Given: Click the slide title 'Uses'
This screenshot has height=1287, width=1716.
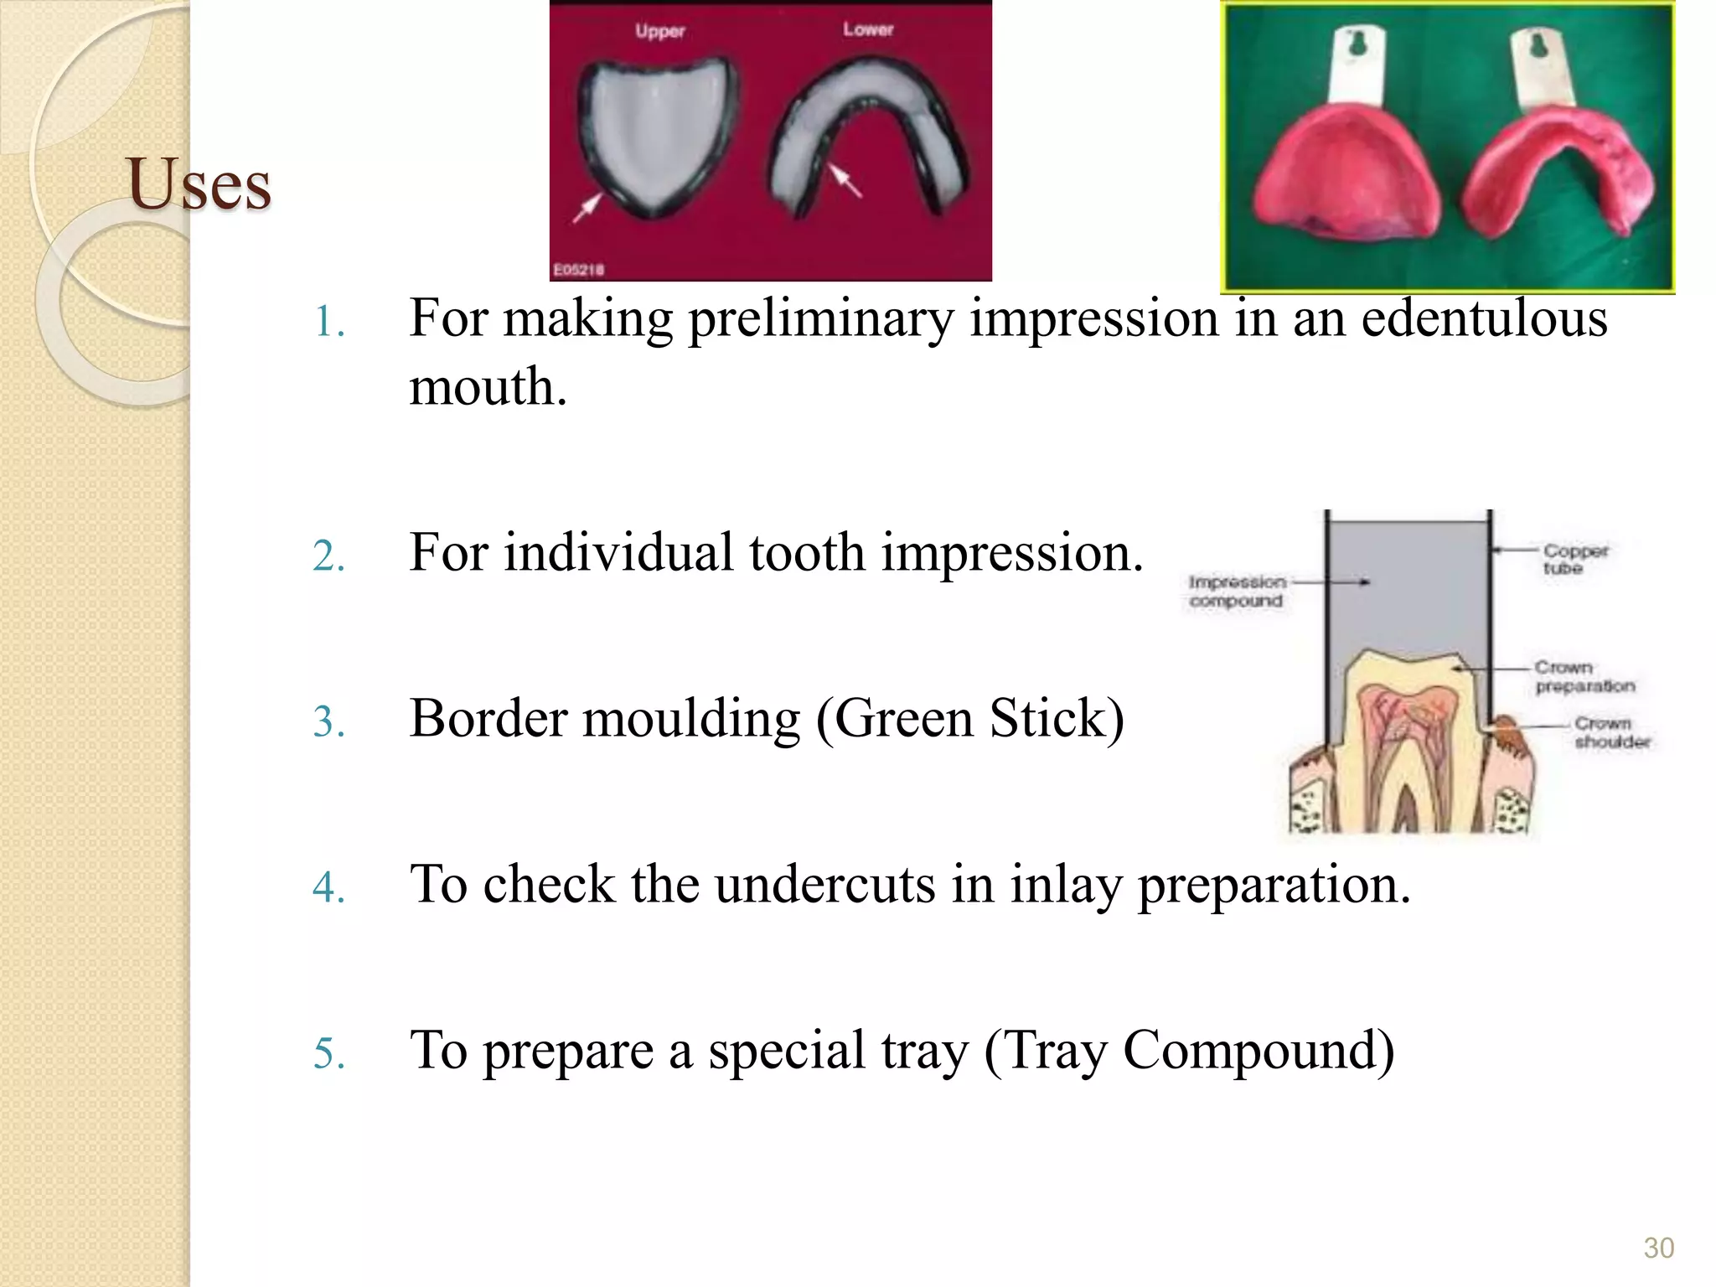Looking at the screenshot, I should (199, 184).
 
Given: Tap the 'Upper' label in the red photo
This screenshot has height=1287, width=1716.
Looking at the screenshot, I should (659, 32).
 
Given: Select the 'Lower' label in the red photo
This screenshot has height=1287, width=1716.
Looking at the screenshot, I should (868, 29).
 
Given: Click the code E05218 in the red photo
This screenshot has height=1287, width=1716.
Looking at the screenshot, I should (578, 270).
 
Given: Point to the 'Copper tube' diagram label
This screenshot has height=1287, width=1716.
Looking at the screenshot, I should (1574, 559).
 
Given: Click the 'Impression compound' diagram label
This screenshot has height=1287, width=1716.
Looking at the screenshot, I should (1237, 591).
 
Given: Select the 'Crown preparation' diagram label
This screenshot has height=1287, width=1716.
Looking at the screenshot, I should (1584, 676).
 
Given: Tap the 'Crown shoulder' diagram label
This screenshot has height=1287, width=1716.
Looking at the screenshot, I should (1611, 732).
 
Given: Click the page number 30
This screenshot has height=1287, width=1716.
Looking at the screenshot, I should (1658, 1248).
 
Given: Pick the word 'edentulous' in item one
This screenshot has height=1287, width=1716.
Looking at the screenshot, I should (1484, 319).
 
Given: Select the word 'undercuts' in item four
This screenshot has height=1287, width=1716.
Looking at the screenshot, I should (824, 885).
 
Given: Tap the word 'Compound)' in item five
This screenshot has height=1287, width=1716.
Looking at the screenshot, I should (1259, 1051).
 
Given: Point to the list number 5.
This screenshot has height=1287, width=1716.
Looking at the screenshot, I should (328, 1054).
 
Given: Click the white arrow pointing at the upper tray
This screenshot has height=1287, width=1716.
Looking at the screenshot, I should (587, 208).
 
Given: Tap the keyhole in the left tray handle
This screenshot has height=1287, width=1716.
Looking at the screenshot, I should (1358, 42).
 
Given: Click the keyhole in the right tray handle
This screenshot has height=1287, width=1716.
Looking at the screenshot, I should (1538, 44).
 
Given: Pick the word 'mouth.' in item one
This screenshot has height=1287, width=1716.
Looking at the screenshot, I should (488, 388).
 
